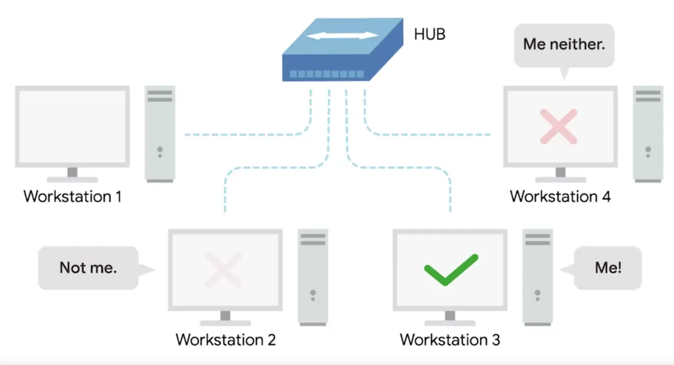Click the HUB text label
pos(429,34)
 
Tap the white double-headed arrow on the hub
pos(343,35)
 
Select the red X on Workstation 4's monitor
pos(558,126)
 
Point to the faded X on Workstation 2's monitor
pos(224,270)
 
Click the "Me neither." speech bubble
pos(564,45)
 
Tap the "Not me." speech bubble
pos(88,268)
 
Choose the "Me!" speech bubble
pos(608,268)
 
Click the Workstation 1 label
pos(73,196)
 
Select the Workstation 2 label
pos(226,339)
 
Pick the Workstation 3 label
pos(450,339)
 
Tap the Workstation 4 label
pos(560,196)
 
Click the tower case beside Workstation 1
pos(160,133)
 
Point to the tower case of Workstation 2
pos(313,277)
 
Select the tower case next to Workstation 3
pos(538,277)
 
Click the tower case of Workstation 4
pos(648,133)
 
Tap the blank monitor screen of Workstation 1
pos(73,125)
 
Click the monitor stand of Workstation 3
pos(450,318)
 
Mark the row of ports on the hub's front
pos(326,74)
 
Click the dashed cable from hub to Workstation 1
pos(247,135)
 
